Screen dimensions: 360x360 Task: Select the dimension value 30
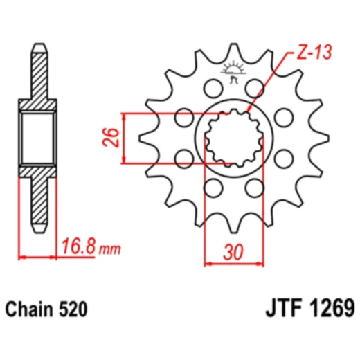234,252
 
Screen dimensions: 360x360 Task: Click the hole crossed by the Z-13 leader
258,87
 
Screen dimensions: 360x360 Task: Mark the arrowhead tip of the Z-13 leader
247,113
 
